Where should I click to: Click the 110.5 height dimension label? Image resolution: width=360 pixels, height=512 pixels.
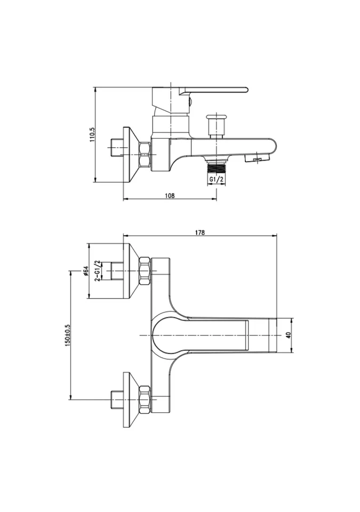click(x=92, y=135)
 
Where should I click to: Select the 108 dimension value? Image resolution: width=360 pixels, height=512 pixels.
click(x=170, y=195)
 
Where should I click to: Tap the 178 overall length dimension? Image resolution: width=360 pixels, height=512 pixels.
click(x=200, y=232)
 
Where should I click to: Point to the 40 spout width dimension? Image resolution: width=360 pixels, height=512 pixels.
click(x=289, y=335)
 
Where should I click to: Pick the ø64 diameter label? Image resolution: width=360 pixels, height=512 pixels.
click(x=86, y=272)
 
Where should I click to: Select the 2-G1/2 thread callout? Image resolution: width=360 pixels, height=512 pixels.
click(x=97, y=272)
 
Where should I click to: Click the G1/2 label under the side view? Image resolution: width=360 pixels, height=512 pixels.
click(x=215, y=179)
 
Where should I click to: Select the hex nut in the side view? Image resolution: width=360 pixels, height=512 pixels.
click(x=145, y=155)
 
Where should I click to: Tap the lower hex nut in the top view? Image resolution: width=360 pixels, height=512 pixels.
click(x=145, y=401)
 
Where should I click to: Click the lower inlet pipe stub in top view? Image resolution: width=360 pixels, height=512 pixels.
click(x=115, y=399)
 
